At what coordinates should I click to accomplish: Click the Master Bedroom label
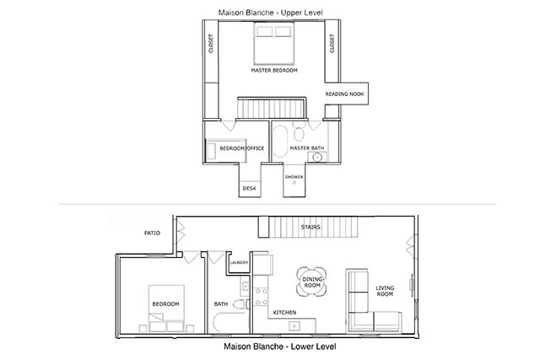click(x=274, y=71)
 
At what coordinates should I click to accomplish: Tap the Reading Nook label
click(x=345, y=94)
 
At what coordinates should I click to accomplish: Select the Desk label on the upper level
click(x=250, y=189)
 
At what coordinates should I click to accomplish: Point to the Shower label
click(x=294, y=177)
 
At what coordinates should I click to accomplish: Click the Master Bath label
click(x=307, y=148)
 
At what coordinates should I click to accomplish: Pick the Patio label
click(x=152, y=233)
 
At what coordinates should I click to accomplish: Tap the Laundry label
click(x=239, y=262)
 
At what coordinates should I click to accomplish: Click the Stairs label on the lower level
click(x=310, y=227)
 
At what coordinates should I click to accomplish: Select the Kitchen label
click(x=284, y=313)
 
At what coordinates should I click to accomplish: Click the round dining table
click(x=311, y=282)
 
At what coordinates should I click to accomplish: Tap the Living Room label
click(x=385, y=291)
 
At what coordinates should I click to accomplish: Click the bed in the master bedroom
click(x=274, y=43)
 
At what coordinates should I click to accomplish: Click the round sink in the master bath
click(x=317, y=158)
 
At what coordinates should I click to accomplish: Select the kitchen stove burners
click(x=261, y=297)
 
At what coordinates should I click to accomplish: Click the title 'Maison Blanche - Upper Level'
click(x=271, y=13)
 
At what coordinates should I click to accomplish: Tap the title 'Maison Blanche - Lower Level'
click(x=280, y=347)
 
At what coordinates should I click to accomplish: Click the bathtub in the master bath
click(x=280, y=141)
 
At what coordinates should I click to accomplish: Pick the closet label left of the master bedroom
click(x=211, y=43)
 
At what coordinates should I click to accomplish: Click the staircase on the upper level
click(x=272, y=108)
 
